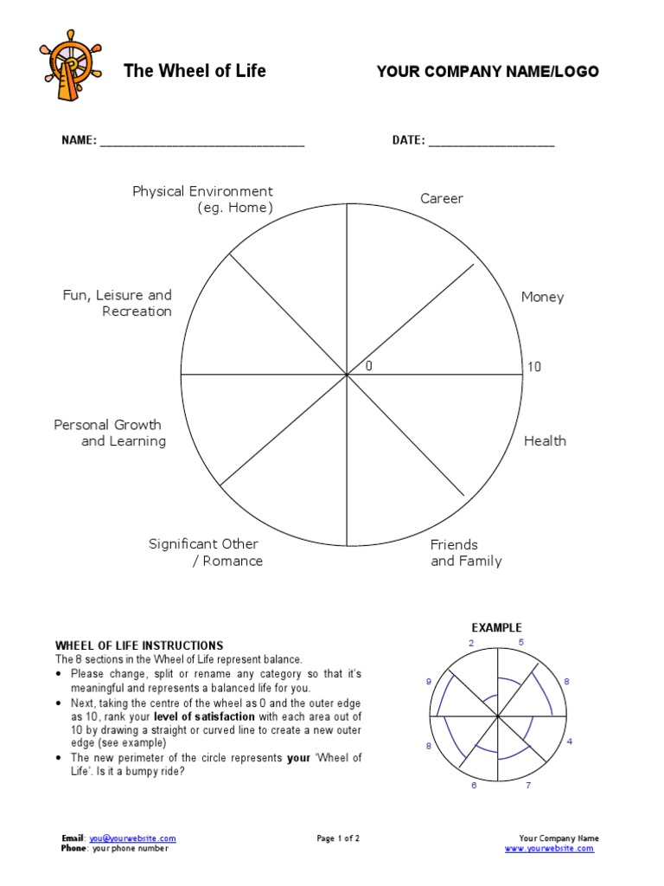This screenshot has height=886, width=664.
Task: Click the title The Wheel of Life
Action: (x=195, y=71)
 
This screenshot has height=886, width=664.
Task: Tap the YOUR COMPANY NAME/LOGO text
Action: (x=488, y=72)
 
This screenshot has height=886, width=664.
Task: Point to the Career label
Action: (x=442, y=199)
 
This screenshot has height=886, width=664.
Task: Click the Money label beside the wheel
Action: (x=542, y=298)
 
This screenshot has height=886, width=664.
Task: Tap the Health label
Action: (x=545, y=441)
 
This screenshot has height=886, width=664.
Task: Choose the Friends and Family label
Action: (x=465, y=553)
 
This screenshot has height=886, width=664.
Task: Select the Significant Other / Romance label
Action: (x=205, y=553)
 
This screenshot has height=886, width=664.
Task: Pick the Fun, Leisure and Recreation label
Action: (x=118, y=304)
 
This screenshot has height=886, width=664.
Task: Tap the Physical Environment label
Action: (x=202, y=200)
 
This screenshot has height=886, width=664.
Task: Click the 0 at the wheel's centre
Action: (x=369, y=367)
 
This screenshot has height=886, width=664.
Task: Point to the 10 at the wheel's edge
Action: (x=534, y=367)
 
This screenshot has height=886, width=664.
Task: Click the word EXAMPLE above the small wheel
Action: (x=496, y=627)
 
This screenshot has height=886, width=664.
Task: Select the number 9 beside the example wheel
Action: (x=428, y=683)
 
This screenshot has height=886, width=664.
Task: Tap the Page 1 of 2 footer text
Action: (x=338, y=838)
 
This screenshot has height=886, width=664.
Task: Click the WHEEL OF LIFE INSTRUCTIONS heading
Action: (x=139, y=645)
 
